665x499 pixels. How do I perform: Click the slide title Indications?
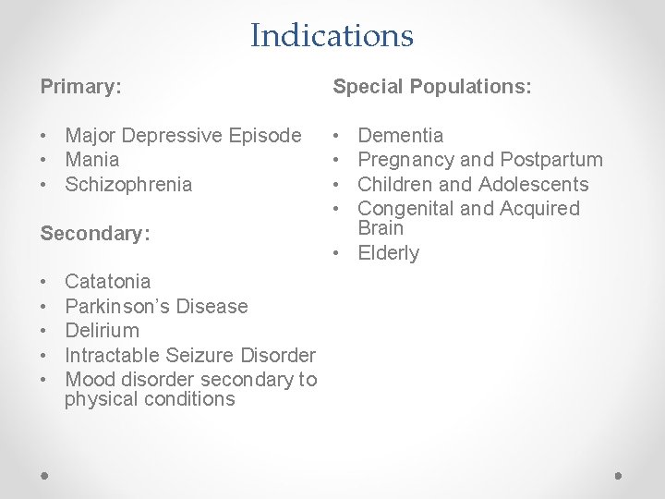coord(332,36)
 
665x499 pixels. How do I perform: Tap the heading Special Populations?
coord(431,88)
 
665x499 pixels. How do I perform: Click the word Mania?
coord(92,160)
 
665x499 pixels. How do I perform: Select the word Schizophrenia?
coord(128,184)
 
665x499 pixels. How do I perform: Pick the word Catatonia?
coord(108,281)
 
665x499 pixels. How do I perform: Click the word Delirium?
coord(102,330)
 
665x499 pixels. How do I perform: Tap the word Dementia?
coord(400,136)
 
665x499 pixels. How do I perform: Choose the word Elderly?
coord(388,253)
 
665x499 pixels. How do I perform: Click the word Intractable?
coord(114,355)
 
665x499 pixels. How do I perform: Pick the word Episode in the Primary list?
coord(269,136)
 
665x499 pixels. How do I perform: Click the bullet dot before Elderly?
coord(338,253)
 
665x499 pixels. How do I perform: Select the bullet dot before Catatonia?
coord(45,281)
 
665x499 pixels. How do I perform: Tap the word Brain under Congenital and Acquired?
coord(381,228)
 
